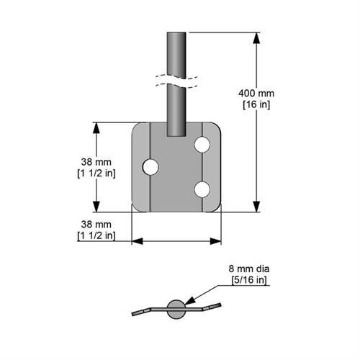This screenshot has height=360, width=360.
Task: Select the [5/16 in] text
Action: [247, 279]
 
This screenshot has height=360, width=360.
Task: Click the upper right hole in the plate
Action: [202, 145]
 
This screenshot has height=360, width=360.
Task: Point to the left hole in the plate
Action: [150, 167]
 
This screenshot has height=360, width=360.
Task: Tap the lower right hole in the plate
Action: [202, 189]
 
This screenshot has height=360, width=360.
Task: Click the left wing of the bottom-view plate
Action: [148, 310]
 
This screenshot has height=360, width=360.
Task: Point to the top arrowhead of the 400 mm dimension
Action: [257, 37]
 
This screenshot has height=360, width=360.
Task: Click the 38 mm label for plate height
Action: [96, 162]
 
